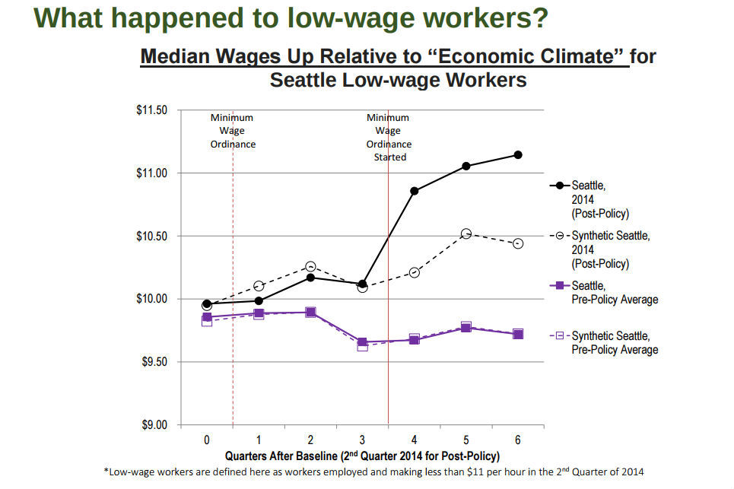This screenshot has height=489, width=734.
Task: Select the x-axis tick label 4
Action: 414,440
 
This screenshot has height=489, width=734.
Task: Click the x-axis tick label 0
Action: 206,440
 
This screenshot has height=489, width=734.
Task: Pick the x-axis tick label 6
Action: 518,440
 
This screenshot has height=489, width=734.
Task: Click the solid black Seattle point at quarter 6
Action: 518,155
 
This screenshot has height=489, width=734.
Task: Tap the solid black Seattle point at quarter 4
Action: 414,191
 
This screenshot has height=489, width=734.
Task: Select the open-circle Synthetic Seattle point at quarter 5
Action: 466,234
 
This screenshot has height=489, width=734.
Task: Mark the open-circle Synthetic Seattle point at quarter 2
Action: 310,267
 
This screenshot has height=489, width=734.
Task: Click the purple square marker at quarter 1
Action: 259,313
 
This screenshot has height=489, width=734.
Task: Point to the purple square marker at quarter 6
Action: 518,334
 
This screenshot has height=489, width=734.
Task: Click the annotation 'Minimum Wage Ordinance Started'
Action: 388,138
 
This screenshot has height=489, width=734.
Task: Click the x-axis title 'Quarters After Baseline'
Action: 362,456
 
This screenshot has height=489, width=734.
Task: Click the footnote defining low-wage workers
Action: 373,472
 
